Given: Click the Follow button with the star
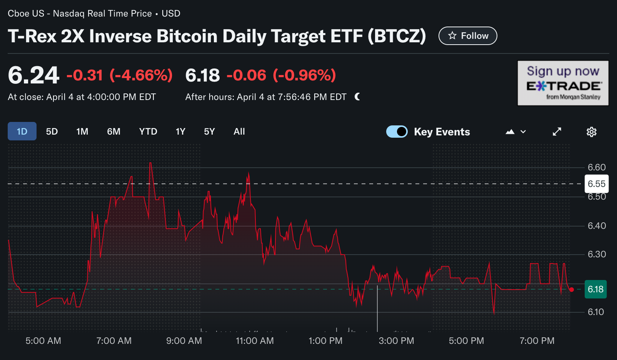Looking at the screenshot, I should [x=468, y=36].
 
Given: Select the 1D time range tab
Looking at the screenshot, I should [x=22, y=132].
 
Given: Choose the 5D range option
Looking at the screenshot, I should [x=52, y=132].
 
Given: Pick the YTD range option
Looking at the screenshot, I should [x=148, y=132].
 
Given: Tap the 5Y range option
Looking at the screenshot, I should [x=209, y=132].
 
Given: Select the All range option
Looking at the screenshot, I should [x=239, y=132].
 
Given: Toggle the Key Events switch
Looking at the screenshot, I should [x=397, y=132].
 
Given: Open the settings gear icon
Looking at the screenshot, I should [x=591, y=132].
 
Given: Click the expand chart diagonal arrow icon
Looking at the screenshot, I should [x=557, y=132].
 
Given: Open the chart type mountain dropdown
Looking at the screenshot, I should [x=515, y=132].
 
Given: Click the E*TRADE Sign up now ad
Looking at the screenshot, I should [x=563, y=83].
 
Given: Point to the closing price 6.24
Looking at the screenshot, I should [x=33, y=75].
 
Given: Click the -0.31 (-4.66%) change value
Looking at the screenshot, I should [x=119, y=75].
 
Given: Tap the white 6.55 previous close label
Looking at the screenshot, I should [x=596, y=184].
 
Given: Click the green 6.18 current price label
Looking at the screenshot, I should [x=595, y=289].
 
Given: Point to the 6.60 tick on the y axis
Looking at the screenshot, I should [x=596, y=167].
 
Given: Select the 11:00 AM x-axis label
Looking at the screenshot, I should [x=255, y=341].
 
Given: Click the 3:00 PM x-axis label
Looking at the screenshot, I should [x=396, y=341].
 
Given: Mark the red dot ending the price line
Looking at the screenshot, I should [x=572, y=290].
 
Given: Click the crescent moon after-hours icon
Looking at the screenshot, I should [x=357, y=97].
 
